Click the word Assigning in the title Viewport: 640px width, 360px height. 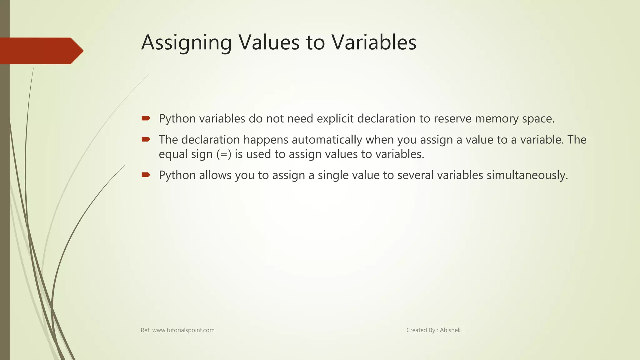click(186, 43)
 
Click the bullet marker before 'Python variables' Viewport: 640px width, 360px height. click(146, 118)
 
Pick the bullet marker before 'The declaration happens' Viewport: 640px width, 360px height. click(146, 139)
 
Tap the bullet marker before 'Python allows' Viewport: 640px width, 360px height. click(146, 174)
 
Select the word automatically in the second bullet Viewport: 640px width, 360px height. click(327, 140)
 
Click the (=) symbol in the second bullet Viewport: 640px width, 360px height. click(224, 154)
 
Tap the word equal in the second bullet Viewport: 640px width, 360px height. click(173, 154)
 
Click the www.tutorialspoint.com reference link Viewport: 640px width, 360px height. click(183, 330)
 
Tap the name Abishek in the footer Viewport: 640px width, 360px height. click(450, 330)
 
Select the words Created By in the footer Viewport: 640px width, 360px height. click(421, 330)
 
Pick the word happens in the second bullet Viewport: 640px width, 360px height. click(266, 140)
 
